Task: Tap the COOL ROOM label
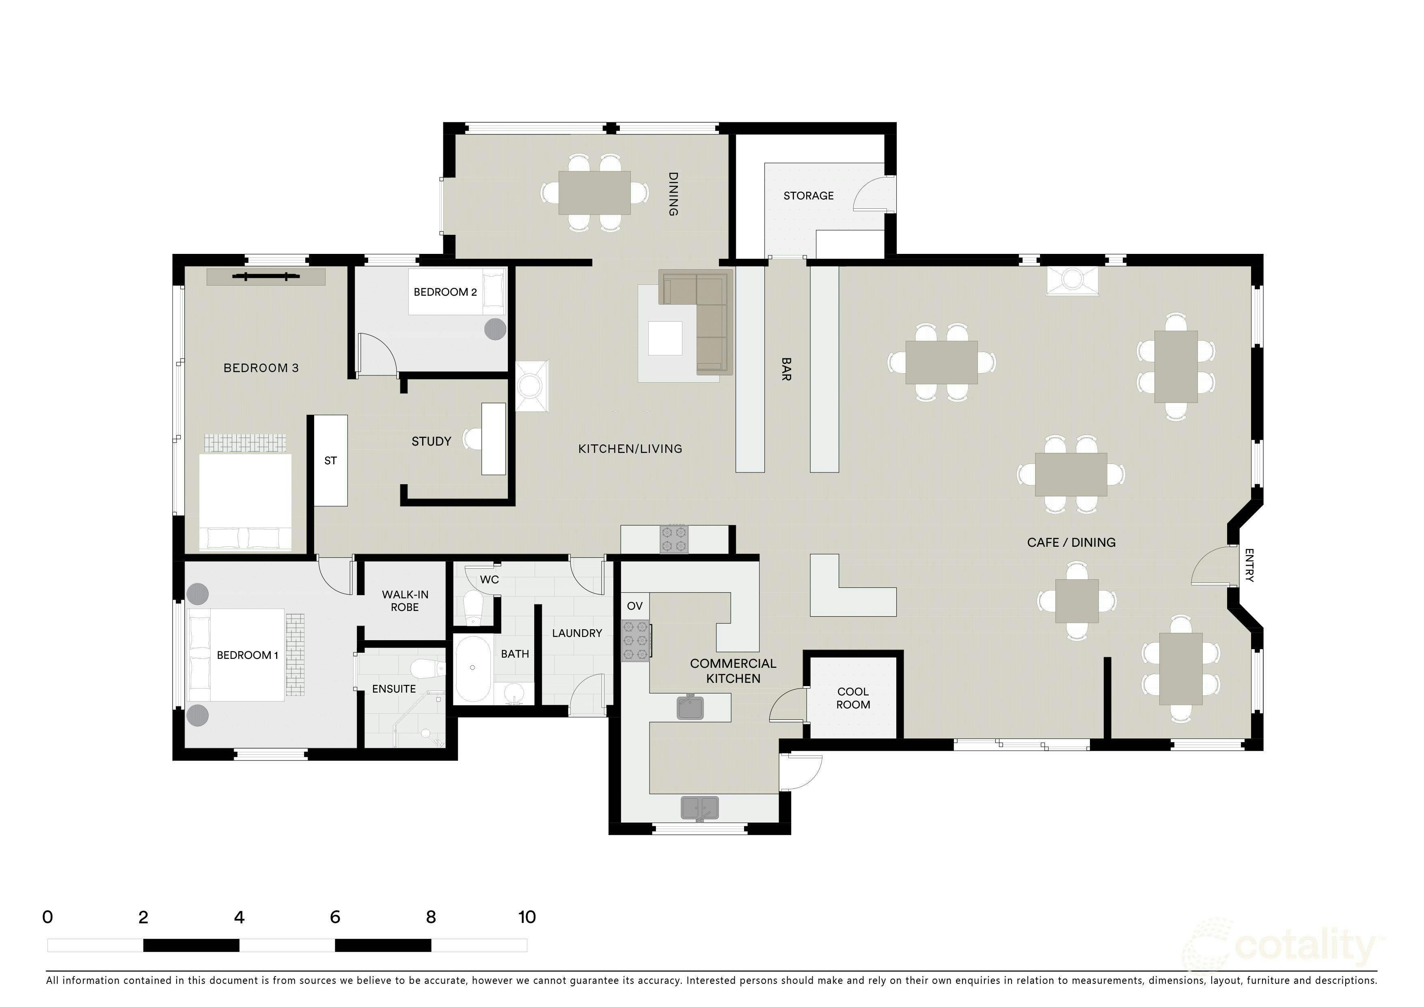click(x=853, y=698)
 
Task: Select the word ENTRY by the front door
click(x=1250, y=565)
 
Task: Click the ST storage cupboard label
click(x=330, y=460)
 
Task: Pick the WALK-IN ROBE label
click(x=405, y=601)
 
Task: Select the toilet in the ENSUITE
click(x=429, y=669)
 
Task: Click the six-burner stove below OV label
click(x=636, y=640)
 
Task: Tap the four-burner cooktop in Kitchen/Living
click(x=674, y=539)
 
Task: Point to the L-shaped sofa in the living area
click(x=696, y=322)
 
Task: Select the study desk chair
click(x=474, y=439)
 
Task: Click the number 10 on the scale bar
click(x=527, y=917)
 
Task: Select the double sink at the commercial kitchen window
click(x=699, y=808)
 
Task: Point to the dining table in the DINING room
click(x=594, y=193)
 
